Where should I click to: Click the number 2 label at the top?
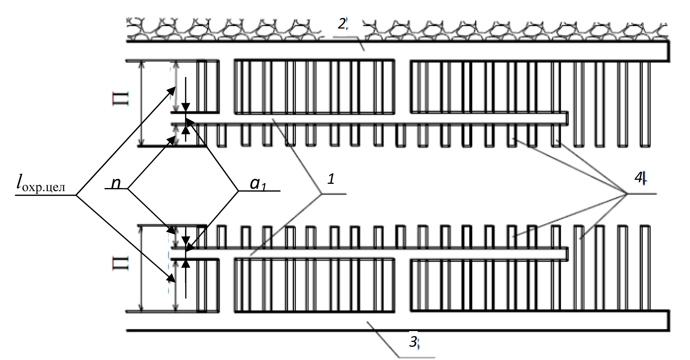click(342, 24)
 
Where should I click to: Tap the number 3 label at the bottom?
click(413, 342)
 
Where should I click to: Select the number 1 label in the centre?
click(331, 180)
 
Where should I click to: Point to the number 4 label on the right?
click(639, 178)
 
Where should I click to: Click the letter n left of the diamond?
click(116, 183)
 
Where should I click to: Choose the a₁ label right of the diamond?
click(258, 184)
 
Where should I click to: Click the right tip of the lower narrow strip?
click(567, 254)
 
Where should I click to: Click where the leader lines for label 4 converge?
click(627, 193)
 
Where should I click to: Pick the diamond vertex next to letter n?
click(128, 189)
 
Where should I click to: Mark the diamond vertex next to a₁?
click(238, 191)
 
